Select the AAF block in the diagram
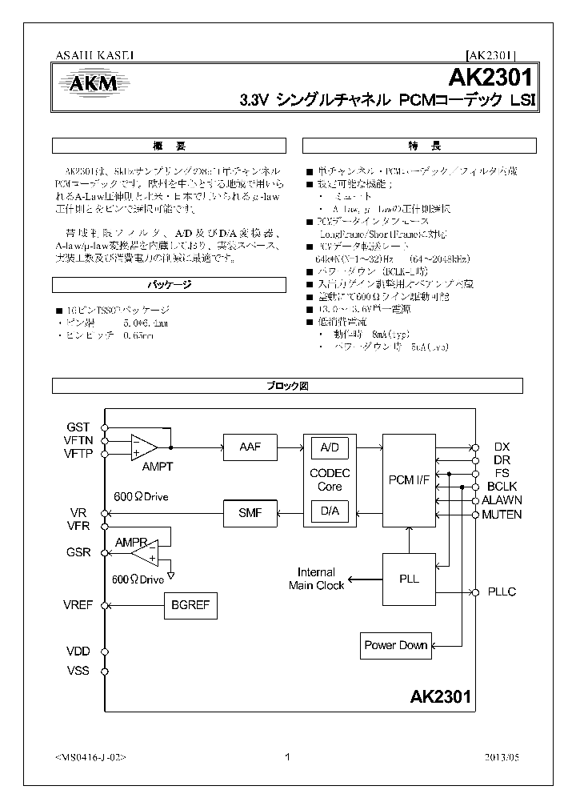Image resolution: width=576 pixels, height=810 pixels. [x=249, y=446]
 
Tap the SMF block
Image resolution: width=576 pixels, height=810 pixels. [x=249, y=512]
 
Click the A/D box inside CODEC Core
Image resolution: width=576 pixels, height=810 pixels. [x=329, y=447]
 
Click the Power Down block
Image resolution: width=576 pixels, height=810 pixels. [x=397, y=645]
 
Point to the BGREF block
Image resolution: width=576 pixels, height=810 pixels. [x=190, y=606]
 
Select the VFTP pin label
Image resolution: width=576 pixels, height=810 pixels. [x=78, y=453]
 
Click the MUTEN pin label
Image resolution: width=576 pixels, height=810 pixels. [x=502, y=514]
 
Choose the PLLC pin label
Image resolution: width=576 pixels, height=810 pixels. [x=502, y=592]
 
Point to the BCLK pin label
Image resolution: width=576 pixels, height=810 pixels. [x=501, y=487]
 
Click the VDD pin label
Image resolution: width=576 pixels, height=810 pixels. [x=78, y=652]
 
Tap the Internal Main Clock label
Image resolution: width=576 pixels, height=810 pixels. [x=316, y=579]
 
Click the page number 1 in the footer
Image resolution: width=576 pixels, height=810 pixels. [x=287, y=757]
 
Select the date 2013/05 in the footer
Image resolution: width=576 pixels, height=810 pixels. [x=501, y=757]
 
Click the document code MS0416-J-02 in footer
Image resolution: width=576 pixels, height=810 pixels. [x=91, y=757]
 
